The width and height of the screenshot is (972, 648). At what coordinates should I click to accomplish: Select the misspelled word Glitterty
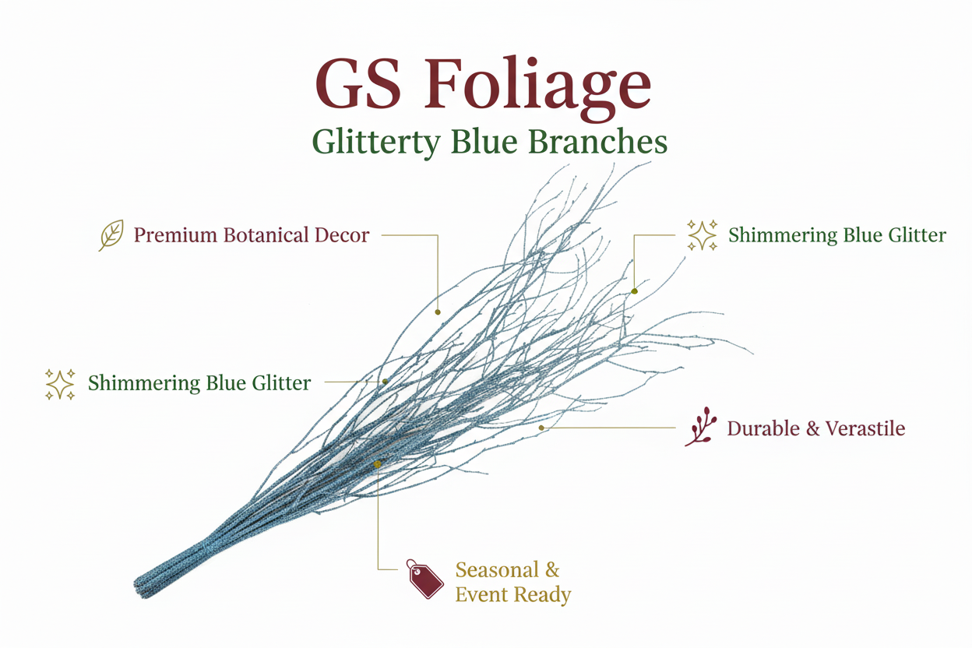(374, 143)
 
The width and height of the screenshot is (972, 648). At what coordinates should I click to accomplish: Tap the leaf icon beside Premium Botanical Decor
(111, 235)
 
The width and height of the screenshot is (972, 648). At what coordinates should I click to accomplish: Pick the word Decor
(343, 234)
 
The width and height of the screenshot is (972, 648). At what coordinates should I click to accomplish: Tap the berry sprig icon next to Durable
(701, 427)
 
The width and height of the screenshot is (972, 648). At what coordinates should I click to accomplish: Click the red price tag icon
(424, 579)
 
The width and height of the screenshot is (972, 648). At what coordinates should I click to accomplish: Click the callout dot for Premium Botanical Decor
(438, 312)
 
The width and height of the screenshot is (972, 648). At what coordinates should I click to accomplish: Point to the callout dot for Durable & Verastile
(541, 428)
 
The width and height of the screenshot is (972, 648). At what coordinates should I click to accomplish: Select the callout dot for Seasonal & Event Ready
(378, 464)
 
